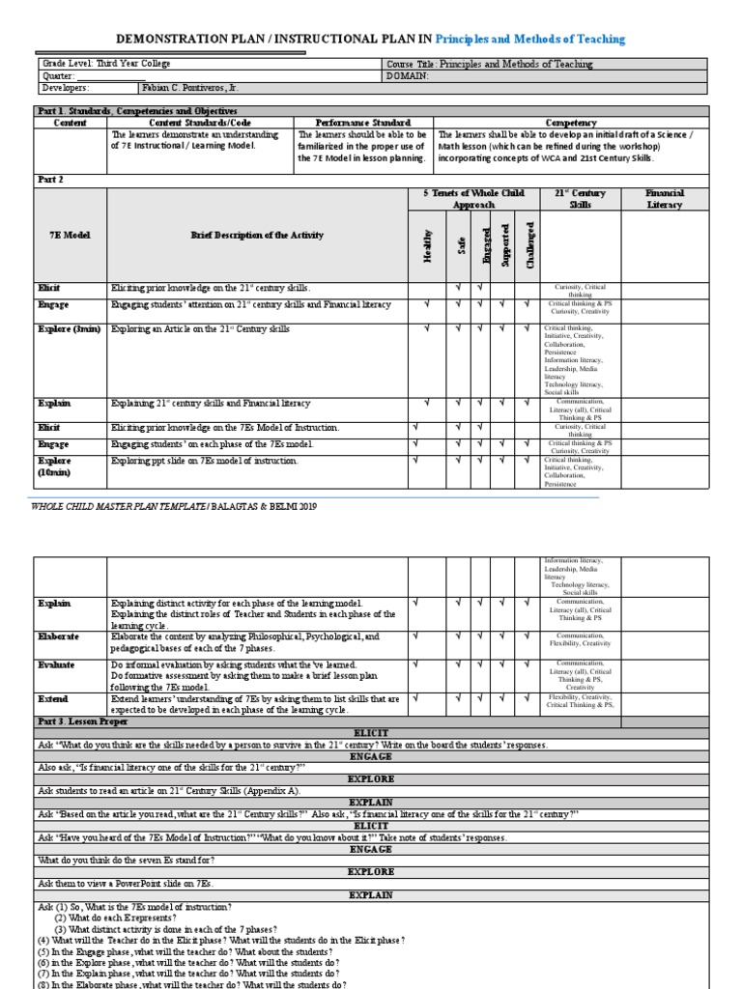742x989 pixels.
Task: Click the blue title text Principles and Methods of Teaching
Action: point(530,40)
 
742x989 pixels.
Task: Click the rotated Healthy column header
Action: point(427,245)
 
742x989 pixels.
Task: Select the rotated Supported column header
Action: point(503,245)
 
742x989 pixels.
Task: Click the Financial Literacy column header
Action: point(664,199)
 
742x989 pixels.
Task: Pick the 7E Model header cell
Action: point(70,236)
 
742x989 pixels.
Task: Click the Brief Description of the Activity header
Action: point(256,236)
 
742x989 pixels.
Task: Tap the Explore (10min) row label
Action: point(55,466)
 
